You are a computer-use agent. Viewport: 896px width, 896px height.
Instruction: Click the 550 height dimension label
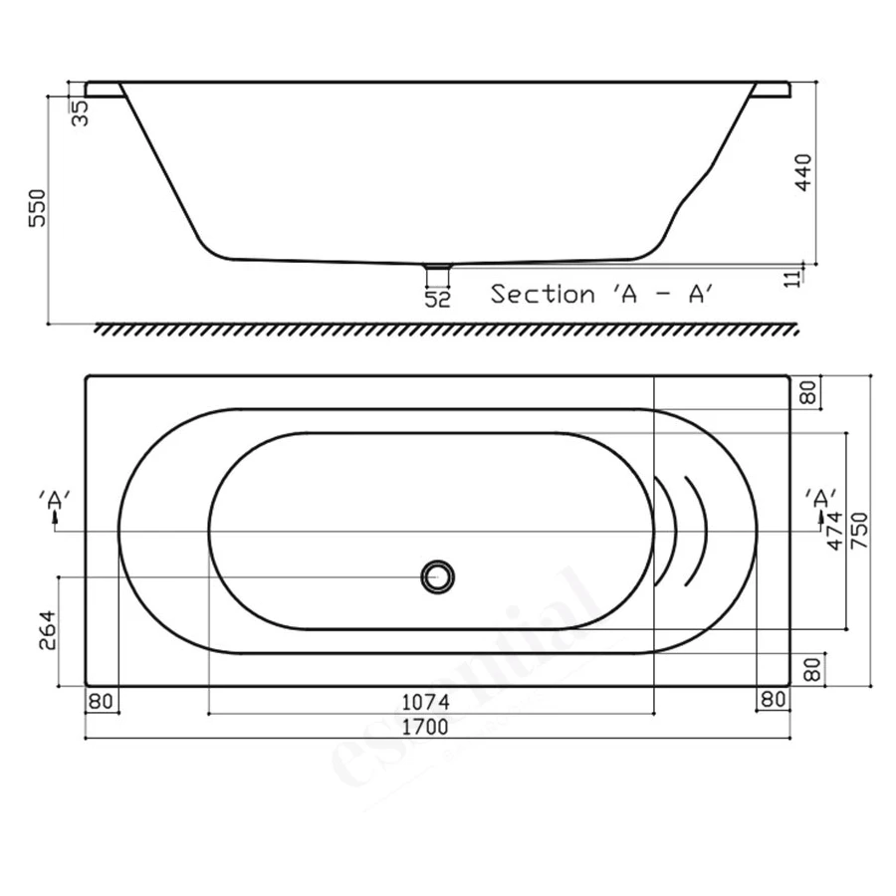coord(37,208)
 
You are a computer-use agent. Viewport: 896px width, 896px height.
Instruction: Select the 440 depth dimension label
coord(802,172)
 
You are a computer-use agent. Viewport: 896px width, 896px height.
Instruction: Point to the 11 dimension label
coord(793,279)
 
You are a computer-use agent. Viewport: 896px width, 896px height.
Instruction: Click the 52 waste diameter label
coord(438,299)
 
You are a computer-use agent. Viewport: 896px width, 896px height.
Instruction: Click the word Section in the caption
coord(543,295)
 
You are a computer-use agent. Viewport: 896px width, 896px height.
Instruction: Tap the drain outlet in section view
coord(438,267)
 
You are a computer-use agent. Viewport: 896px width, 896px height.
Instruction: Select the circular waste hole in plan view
coord(438,576)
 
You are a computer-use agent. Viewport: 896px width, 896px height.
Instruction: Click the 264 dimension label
coord(48,630)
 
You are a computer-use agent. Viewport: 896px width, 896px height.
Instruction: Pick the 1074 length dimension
coord(426,702)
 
